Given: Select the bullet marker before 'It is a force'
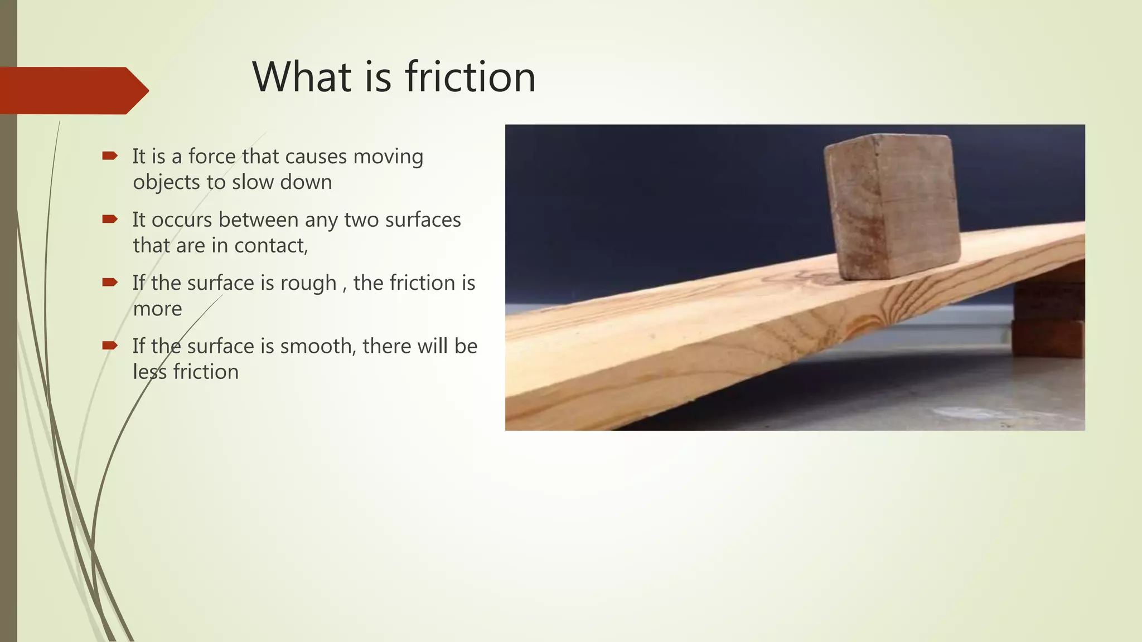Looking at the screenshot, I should (x=110, y=156).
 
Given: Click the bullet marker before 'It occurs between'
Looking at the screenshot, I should (x=110, y=220).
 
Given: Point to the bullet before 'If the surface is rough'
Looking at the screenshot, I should (x=110, y=283).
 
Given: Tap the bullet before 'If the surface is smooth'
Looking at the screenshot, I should (x=110, y=346).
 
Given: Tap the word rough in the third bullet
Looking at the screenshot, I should (x=308, y=284).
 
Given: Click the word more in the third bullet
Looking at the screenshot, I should (x=157, y=309).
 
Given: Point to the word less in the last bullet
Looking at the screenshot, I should (x=149, y=372).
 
